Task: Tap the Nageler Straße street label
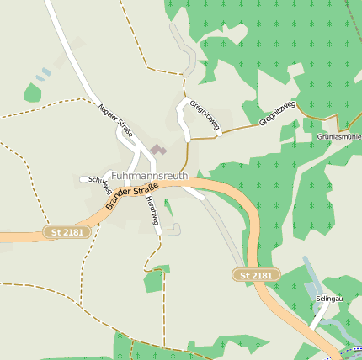point(116,119)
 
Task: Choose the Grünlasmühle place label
point(338,135)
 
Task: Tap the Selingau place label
point(329,299)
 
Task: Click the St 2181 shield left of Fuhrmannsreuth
point(67,231)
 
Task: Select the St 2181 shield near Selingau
point(256,275)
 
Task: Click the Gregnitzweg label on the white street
point(205,117)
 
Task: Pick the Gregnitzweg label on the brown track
point(277,113)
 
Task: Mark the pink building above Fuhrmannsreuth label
point(157,149)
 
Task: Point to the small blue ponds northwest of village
point(43,75)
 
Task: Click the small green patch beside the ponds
point(32,93)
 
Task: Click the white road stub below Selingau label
point(319,315)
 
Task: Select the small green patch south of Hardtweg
point(153,279)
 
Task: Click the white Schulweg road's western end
point(83,178)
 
